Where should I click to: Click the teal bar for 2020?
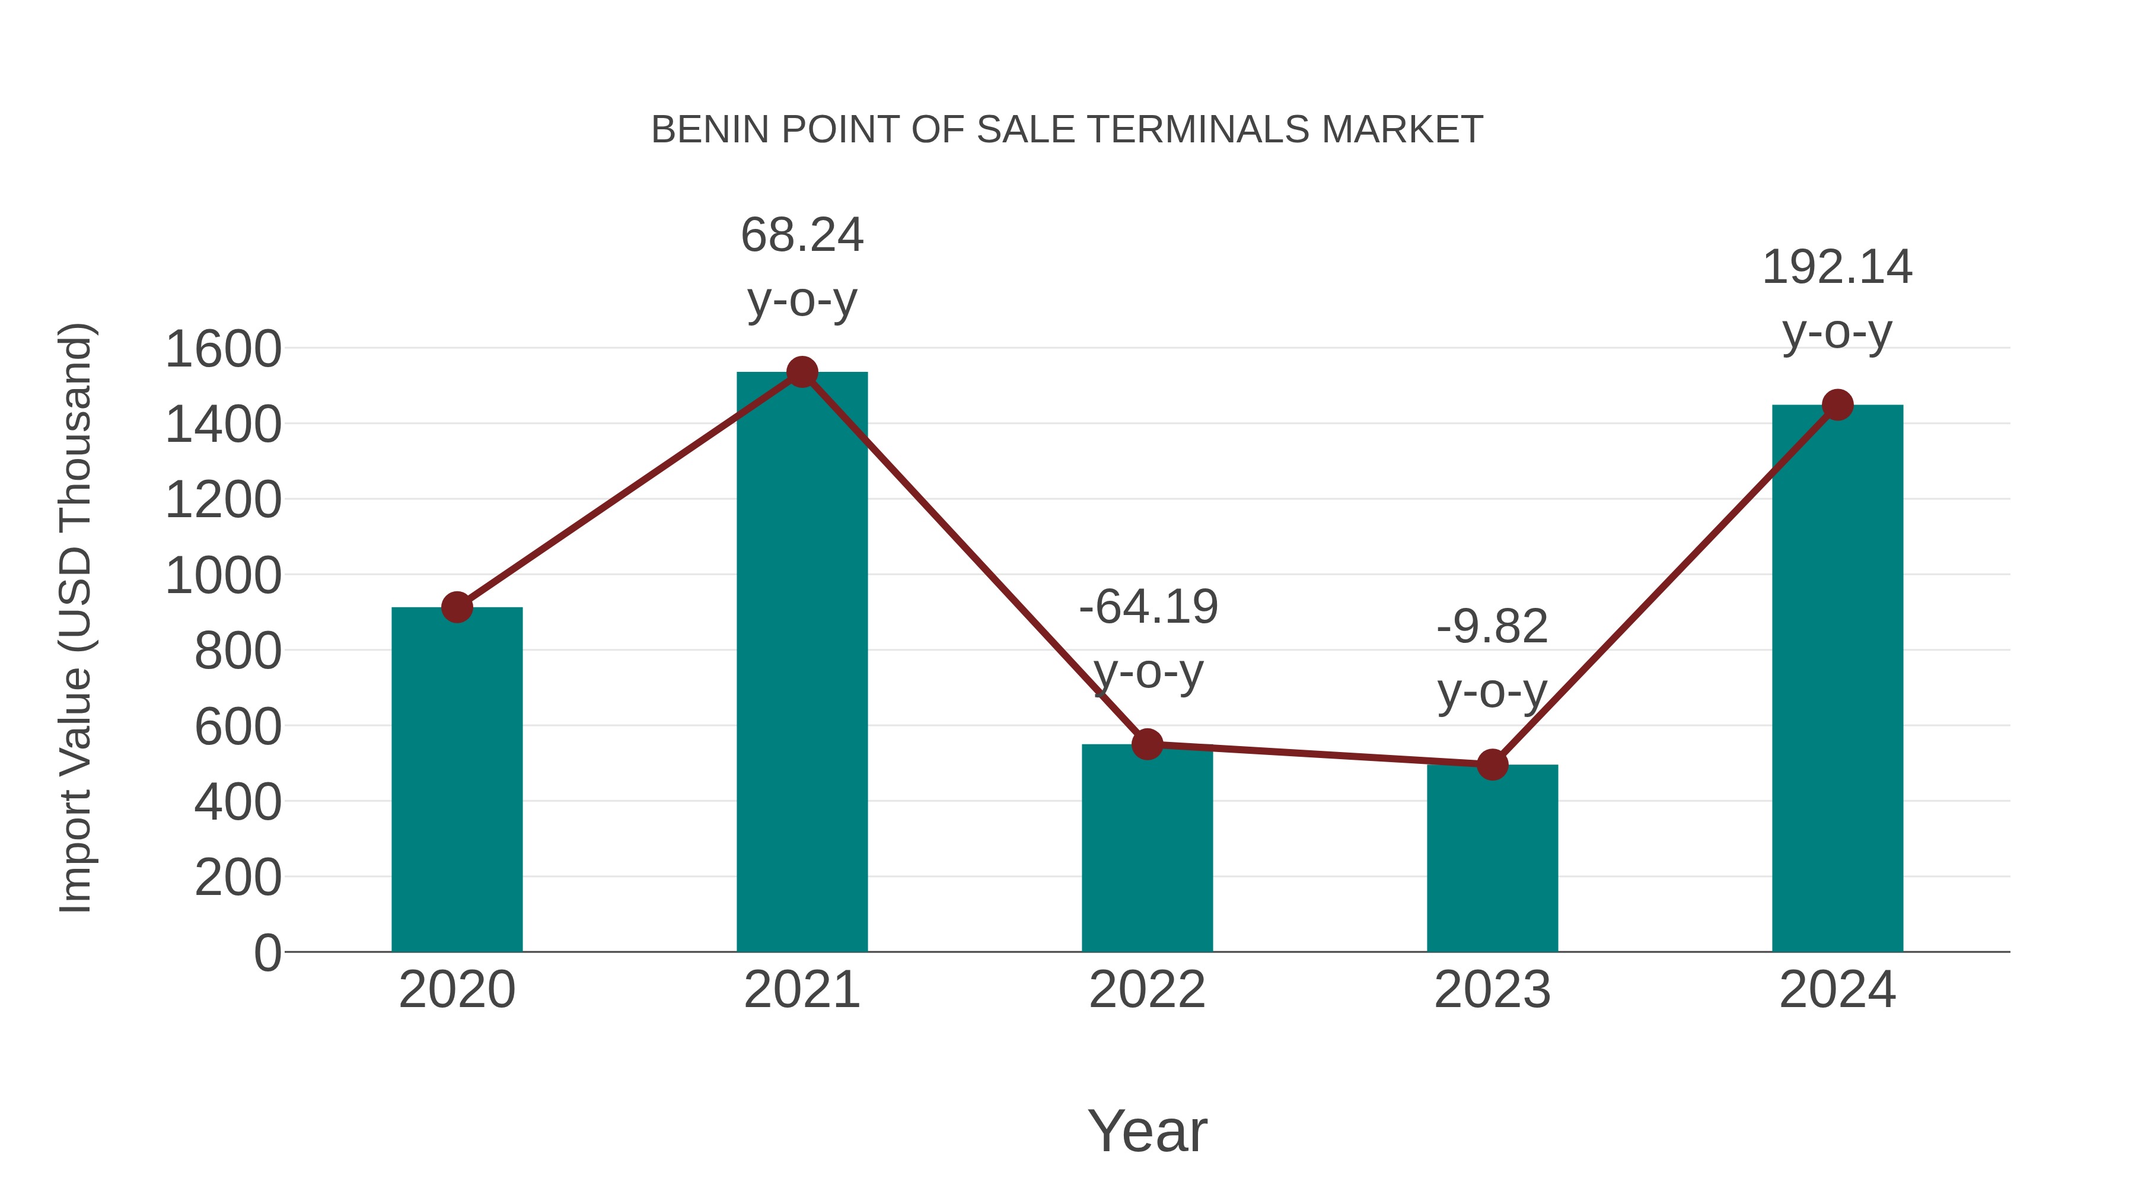(x=457, y=779)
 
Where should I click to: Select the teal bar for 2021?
(x=801, y=663)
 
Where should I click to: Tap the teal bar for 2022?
(x=1147, y=849)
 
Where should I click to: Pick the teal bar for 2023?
(x=1492, y=858)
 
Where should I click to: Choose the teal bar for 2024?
(x=1837, y=680)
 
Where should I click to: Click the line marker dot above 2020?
(x=457, y=607)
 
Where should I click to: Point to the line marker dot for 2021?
(x=801, y=372)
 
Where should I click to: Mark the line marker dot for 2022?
(x=1147, y=744)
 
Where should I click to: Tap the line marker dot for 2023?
(x=1492, y=764)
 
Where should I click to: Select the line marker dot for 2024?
(x=1837, y=405)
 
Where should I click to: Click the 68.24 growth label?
(x=801, y=235)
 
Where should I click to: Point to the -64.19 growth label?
(x=1148, y=607)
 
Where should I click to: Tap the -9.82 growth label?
(x=1492, y=627)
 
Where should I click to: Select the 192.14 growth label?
(x=1837, y=267)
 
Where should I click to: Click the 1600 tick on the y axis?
(x=223, y=349)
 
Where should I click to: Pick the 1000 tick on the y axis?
(x=223, y=575)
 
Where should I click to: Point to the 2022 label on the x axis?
(x=1147, y=990)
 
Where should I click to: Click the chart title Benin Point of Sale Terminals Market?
(x=1067, y=129)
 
